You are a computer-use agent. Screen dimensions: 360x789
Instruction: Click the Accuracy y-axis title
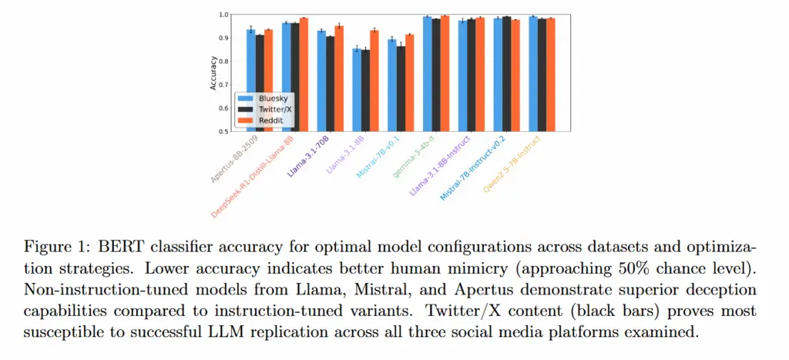pos(213,72)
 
